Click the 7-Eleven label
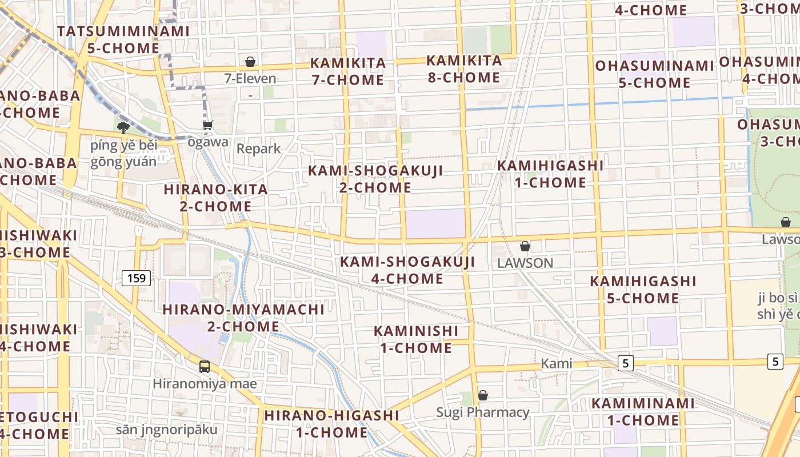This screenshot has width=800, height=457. coord(250,78)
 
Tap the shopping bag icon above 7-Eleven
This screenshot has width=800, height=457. coord(250,62)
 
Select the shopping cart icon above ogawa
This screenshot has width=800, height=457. coord(207,125)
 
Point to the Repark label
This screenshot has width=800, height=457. coord(259,149)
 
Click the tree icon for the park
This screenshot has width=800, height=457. coord(123,127)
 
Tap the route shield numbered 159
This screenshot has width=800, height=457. coord(136,278)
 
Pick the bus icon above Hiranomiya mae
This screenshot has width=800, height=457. coord(205,367)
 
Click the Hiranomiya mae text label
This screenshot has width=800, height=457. coord(205,383)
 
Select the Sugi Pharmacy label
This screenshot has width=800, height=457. coord(483,412)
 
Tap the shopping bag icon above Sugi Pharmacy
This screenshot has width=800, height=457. coord(483,395)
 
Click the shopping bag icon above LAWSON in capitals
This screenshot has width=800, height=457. coord(525,246)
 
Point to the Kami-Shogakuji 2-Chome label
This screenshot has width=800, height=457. coord(375,179)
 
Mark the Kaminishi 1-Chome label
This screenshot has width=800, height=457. coord(416,339)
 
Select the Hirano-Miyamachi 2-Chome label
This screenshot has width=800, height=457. coord(243,318)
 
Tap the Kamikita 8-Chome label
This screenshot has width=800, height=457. coord(464,69)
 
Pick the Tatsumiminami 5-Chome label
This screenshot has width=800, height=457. coord(123,39)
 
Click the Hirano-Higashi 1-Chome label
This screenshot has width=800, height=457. coord(331,423)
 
